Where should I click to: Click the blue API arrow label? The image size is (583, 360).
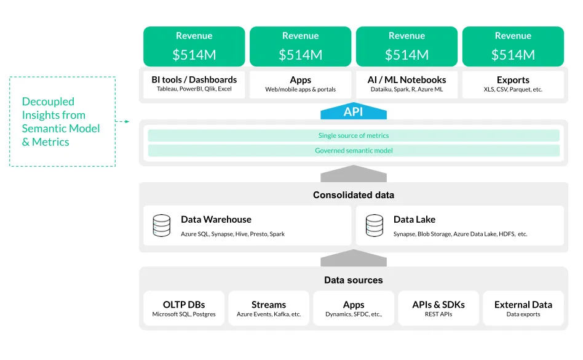354,112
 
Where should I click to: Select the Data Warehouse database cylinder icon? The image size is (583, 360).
162,225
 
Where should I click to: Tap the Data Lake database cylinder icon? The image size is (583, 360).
375,225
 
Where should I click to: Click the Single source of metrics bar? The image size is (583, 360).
354,135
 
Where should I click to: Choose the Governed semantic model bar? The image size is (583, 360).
354,151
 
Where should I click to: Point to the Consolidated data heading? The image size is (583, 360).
354,195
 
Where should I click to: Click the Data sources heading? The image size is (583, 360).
354,280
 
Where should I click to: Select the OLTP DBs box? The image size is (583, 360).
184,308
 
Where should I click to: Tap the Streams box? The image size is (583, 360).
269,308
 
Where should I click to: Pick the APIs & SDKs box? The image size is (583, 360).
438,308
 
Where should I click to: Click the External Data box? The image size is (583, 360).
523,308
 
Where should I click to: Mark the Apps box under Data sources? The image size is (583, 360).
354,308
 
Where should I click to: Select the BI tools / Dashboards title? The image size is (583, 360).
194,80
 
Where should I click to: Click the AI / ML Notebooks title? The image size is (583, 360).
407,80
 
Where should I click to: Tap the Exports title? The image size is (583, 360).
513,80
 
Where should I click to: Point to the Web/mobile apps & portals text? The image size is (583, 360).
301,90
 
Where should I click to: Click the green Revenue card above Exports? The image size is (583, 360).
513,46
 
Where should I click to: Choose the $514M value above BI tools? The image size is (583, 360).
194,55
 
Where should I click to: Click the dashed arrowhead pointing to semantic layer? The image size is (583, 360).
127,121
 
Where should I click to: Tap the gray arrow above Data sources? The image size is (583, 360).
354,258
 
